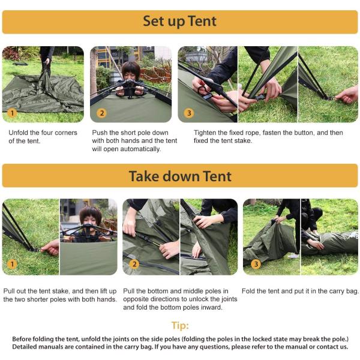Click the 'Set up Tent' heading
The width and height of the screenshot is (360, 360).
click(179, 22)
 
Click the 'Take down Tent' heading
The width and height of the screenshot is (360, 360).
click(179, 176)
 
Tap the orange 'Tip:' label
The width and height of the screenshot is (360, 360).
click(180, 326)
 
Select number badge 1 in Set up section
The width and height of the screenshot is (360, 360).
click(13, 112)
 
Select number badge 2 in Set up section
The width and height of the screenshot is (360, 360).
click(101, 113)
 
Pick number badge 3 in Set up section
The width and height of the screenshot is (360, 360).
click(189, 113)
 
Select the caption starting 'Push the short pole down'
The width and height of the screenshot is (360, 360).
click(134, 140)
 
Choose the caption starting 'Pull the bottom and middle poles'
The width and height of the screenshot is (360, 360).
click(179, 299)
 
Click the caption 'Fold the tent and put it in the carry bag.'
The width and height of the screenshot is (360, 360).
click(300, 291)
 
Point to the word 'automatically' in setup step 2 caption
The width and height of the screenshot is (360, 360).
click(139, 149)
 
